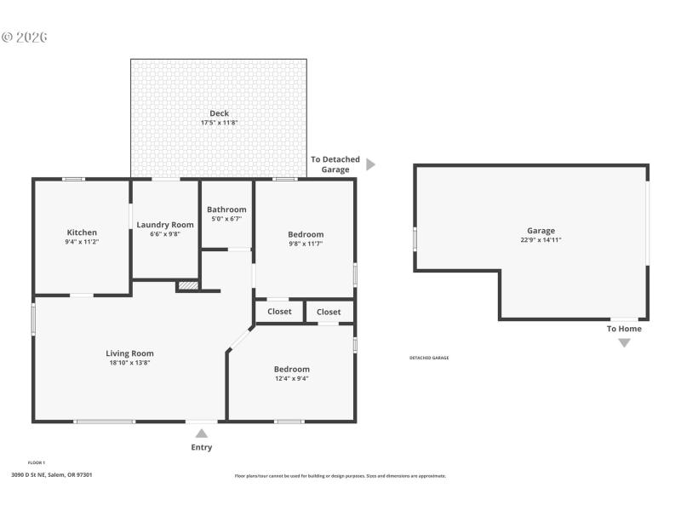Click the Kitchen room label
82,233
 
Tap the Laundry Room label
165,225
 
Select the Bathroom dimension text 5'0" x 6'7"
226,219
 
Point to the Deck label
219,113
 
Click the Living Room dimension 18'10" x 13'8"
129,363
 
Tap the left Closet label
279,312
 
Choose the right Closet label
329,312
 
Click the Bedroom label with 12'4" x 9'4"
291,369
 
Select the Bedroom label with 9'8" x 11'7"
305,234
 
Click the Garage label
541,231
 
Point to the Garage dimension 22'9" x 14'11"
541,240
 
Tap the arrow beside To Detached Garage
370,164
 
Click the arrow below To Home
624,342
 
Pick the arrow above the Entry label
202,433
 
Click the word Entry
202,447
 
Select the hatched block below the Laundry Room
188,285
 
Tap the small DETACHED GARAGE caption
429,358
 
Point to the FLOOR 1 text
37,462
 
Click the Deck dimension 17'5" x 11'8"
219,123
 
